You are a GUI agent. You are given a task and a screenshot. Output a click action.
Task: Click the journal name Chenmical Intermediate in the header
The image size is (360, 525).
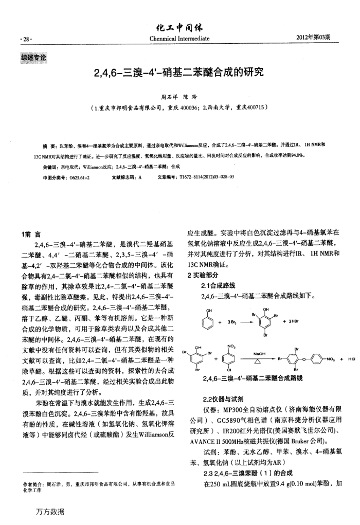pos(179,39)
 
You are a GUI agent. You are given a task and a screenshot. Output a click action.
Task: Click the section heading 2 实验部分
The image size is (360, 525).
pos(205,276)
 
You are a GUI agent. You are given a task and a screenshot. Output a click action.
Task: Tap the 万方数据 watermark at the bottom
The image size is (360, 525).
pos(50,511)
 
